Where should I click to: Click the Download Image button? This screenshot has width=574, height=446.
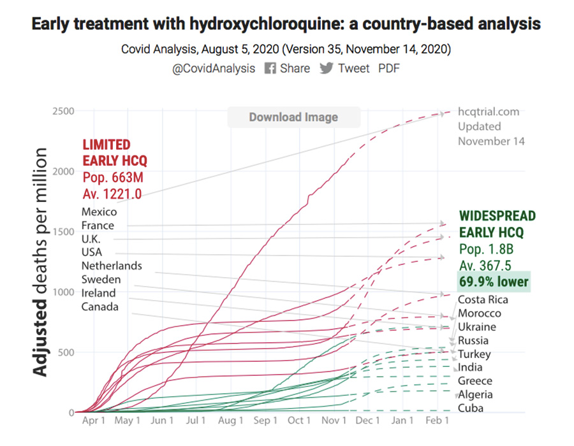click(293, 117)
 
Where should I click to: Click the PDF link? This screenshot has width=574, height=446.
click(389, 68)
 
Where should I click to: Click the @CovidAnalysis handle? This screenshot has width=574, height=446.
click(214, 68)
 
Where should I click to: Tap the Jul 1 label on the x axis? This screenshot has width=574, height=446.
click(195, 421)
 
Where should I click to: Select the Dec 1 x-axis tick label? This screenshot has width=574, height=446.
click(367, 421)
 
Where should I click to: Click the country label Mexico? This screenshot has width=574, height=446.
click(99, 212)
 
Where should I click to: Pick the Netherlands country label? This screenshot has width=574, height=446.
click(112, 266)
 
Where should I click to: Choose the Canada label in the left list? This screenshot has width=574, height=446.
click(99, 307)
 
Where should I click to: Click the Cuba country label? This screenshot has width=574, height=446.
click(471, 408)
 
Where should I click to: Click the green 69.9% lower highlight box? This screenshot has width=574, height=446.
click(494, 282)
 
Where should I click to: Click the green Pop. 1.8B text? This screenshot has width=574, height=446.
click(486, 249)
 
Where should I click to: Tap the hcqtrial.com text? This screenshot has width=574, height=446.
click(489, 111)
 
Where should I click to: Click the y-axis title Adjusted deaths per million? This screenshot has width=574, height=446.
click(40, 261)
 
